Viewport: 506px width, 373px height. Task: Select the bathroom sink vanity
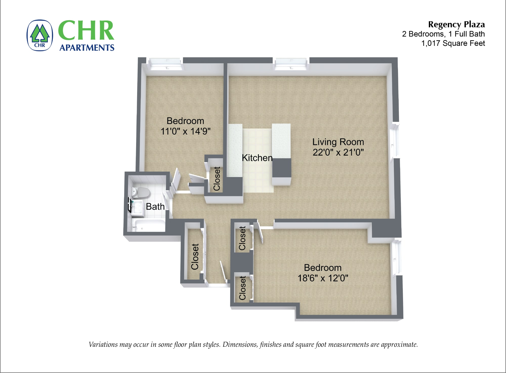click(x=137, y=208)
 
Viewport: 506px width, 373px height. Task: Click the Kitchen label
click(x=257, y=158)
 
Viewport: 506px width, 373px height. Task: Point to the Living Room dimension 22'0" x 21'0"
click(x=338, y=152)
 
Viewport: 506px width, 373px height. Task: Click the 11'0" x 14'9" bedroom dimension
click(x=186, y=131)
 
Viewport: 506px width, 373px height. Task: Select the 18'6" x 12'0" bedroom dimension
click(x=323, y=278)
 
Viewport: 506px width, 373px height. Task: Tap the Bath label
click(x=155, y=207)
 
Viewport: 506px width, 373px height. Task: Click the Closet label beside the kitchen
click(x=217, y=179)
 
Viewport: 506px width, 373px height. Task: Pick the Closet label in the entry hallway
click(x=195, y=257)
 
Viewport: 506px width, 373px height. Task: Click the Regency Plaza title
click(x=456, y=25)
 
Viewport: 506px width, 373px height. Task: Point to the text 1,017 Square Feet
click(x=453, y=43)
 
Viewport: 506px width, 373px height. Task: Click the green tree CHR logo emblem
click(x=40, y=35)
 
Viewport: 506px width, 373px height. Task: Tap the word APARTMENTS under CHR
click(x=87, y=48)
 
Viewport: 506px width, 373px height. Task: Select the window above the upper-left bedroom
click(x=166, y=64)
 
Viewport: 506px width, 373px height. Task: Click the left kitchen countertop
click(x=235, y=150)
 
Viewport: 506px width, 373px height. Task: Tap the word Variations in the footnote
click(x=103, y=345)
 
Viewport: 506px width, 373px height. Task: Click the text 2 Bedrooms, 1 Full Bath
click(x=444, y=34)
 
